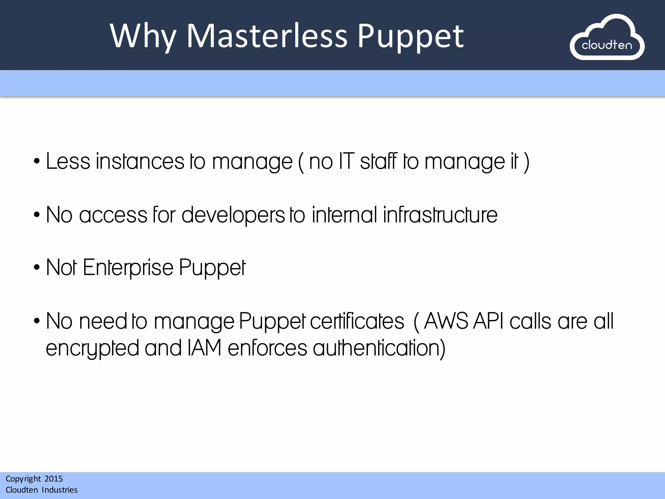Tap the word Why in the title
143,36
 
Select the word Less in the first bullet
68,161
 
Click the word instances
140,161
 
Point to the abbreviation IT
346,161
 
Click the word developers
233,215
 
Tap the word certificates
357,321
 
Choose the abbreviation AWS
446,321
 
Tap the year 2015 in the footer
54,479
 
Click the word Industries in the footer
60,490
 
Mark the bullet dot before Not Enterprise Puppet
37,268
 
